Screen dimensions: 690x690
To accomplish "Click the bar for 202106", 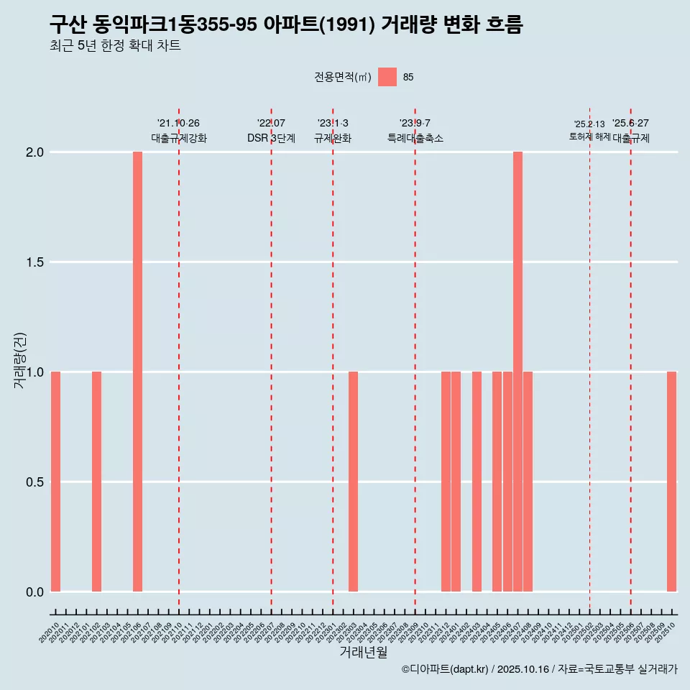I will pyautogui.click(x=137, y=372).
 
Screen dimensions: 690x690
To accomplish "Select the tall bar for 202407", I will pyautogui.click(x=517, y=372).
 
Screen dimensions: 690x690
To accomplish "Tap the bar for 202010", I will pyautogui.click(x=55, y=482).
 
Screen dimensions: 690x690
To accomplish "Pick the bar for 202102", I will pyautogui.click(x=96, y=482).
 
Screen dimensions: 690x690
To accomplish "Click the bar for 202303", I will pyautogui.click(x=353, y=482).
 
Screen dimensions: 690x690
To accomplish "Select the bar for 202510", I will pyautogui.click(x=671, y=482).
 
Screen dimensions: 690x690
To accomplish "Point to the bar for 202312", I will pyautogui.click(x=446, y=482).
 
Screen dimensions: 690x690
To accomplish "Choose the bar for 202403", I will pyautogui.click(x=477, y=482).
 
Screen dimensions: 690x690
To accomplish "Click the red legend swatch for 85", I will pyautogui.click(x=387, y=77).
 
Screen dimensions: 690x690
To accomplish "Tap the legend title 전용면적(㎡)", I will pyautogui.click(x=343, y=77).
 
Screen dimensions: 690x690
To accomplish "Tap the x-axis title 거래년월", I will pyautogui.click(x=363, y=653).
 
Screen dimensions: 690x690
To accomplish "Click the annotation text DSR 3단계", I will pyautogui.click(x=271, y=138).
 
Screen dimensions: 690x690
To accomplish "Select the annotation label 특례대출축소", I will pyautogui.click(x=415, y=138).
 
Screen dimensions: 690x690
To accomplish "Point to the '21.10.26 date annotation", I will pyautogui.click(x=178, y=123).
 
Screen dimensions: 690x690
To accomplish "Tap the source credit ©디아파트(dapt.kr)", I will pyautogui.click(x=445, y=669).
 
